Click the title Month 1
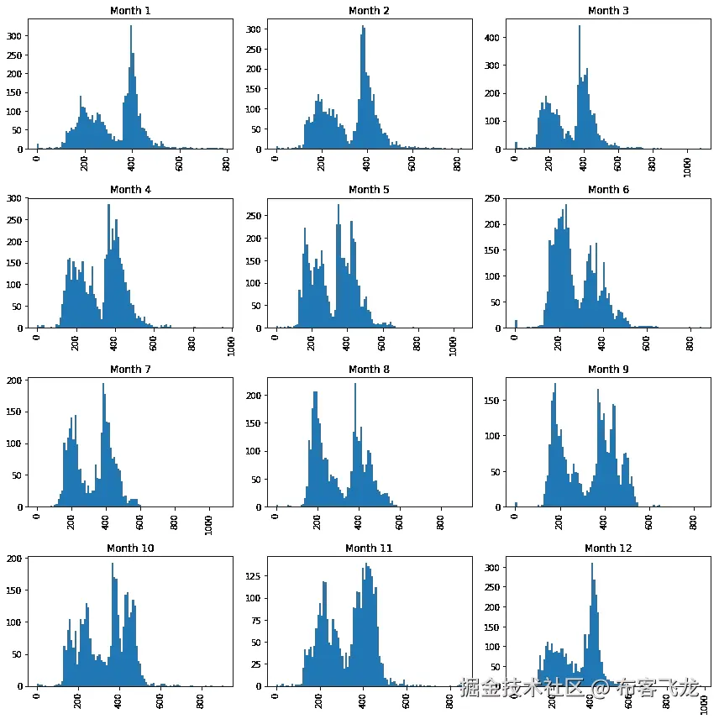tap(130, 11)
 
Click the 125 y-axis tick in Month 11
tap(255, 577)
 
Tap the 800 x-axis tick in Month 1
tap(226, 160)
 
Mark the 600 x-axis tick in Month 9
tap(648, 518)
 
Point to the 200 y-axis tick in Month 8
tap(255, 395)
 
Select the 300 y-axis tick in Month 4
tap(16, 198)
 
